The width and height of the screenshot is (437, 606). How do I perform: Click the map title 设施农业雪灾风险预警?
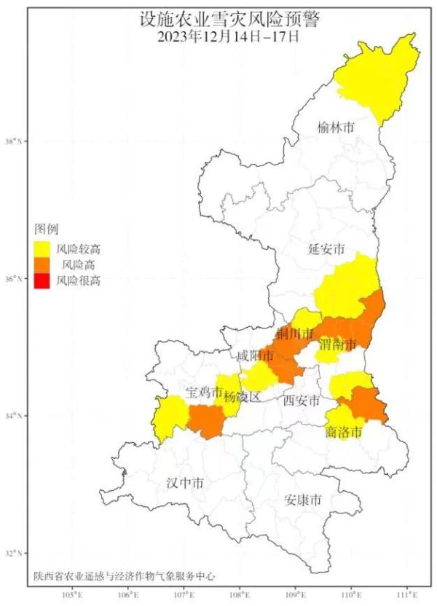219,17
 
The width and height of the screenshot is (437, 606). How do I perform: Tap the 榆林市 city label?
336,127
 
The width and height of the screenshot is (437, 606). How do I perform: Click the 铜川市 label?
295,334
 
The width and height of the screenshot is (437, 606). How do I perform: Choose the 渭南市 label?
336,344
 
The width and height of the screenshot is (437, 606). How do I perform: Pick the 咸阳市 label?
255,356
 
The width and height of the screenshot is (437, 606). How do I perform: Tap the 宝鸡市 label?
203,393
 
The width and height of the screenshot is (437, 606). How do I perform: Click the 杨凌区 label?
243,398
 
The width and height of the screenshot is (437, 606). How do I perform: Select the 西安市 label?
302,400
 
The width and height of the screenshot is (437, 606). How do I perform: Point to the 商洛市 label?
344,433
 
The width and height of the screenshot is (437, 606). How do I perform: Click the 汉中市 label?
185,483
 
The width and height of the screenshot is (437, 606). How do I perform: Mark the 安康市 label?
304,501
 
